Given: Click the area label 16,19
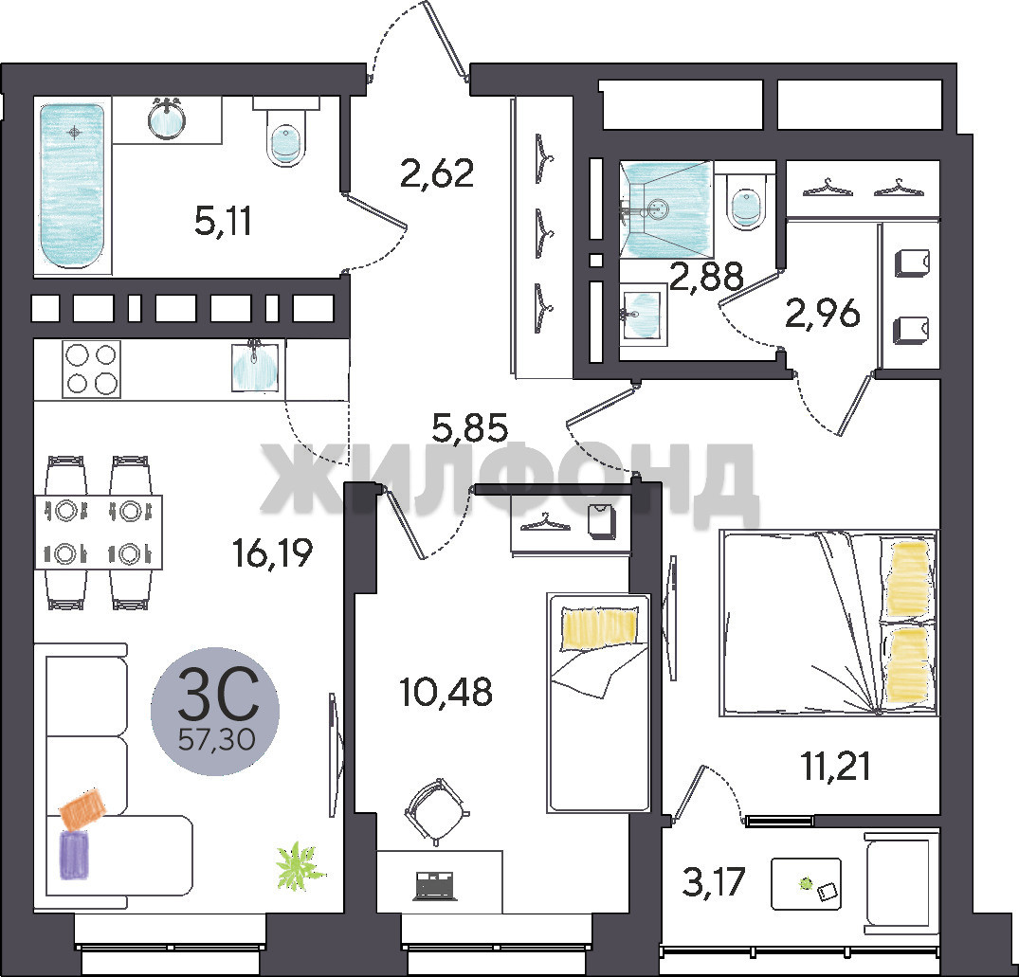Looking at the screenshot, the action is (x=273, y=552).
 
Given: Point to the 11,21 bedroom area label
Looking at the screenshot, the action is (x=836, y=767).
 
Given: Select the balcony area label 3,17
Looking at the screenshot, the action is (x=713, y=883).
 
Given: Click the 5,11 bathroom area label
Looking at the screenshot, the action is (x=223, y=221).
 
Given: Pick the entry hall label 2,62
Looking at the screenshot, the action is (x=437, y=173).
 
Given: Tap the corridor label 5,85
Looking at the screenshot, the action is (x=470, y=428).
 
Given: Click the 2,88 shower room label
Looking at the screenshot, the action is (x=706, y=277).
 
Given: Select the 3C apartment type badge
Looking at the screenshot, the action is (x=215, y=712).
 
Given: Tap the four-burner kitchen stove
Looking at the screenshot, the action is (x=91, y=369).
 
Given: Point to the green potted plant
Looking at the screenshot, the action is (x=299, y=865).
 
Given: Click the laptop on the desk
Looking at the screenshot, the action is (x=435, y=885).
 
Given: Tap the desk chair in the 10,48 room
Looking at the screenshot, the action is (x=436, y=812).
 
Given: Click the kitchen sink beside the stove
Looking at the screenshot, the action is (x=255, y=367).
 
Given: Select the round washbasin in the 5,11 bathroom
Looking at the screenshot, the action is (x=167, y=120).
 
